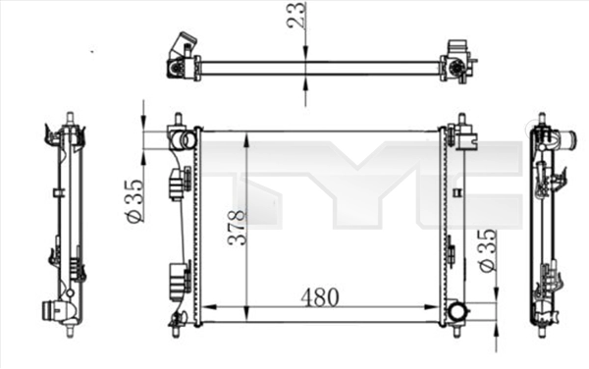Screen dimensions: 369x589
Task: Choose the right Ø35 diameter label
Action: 485,252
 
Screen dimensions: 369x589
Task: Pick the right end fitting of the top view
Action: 455,61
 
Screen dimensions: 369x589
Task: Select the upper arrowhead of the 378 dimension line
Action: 245,134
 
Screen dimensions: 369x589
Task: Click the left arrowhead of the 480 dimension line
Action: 206,307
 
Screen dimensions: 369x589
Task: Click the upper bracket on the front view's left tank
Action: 178,182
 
